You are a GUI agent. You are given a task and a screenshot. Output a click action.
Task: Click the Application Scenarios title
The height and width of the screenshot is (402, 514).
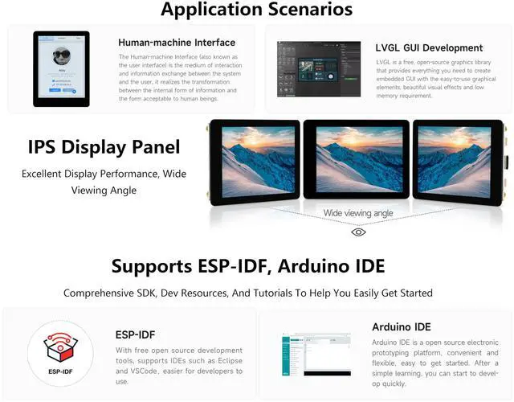point(256,10)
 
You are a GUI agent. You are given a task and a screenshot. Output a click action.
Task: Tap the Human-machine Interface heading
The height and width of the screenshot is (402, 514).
point(177,43)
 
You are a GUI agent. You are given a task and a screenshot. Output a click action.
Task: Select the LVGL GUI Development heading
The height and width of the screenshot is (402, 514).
point(429,47)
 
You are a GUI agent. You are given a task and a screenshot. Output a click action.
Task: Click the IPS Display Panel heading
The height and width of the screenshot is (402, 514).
point(104,147)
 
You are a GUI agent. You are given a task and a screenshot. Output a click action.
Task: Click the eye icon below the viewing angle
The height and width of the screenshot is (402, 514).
point(358,232)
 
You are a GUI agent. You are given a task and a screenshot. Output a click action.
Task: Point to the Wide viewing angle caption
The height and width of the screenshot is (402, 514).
point(358,213)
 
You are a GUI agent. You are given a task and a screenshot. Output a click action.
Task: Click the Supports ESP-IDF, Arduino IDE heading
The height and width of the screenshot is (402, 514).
point(248,266)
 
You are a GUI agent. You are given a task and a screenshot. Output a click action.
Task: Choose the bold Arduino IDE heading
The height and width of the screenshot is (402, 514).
point(402,327)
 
